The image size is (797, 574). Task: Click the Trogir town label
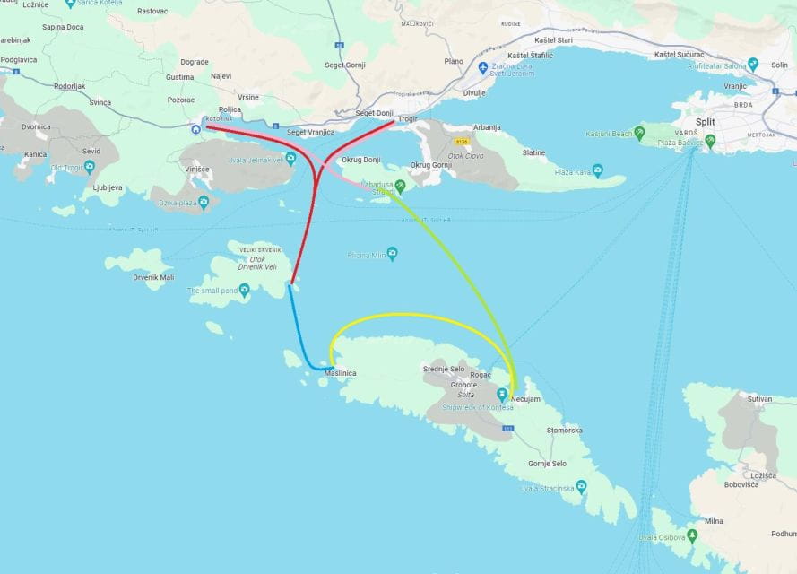point(408,117)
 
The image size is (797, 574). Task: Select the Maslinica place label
point(341,373)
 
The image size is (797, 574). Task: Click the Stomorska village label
point(565,430)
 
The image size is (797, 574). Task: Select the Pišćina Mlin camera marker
point(392,255)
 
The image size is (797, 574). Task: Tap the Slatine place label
point(533,152)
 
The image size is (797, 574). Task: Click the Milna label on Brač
point(714,520)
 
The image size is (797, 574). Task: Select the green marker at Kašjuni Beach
point(638,134)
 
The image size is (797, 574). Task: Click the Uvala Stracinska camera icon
point(581,487)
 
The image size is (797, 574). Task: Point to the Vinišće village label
point(196,170)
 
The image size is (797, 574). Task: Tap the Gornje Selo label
point(546,464)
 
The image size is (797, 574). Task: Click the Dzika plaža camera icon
point(204,203)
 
